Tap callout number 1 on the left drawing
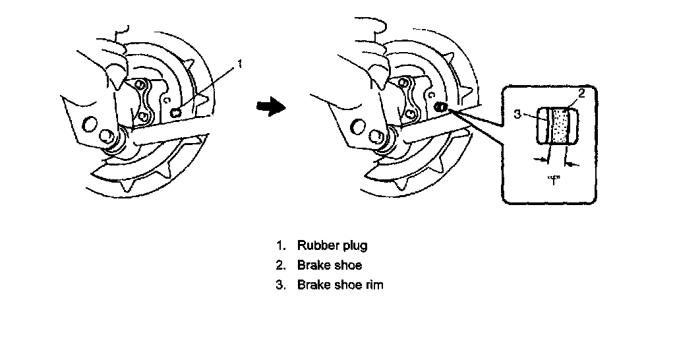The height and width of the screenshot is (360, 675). coord(240,64)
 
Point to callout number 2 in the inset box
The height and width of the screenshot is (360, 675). coord(581,93)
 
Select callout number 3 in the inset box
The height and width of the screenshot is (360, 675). coord(518,113)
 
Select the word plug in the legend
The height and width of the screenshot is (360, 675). coord(355,247)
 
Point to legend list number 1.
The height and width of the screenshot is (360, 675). coord(281,246)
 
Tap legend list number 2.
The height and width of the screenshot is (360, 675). coord(281,266)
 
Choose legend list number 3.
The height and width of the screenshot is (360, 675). coord(281,285)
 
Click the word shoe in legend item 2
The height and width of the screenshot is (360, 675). coord(349,266)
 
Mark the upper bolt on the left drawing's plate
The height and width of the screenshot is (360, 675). coord(140,85)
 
